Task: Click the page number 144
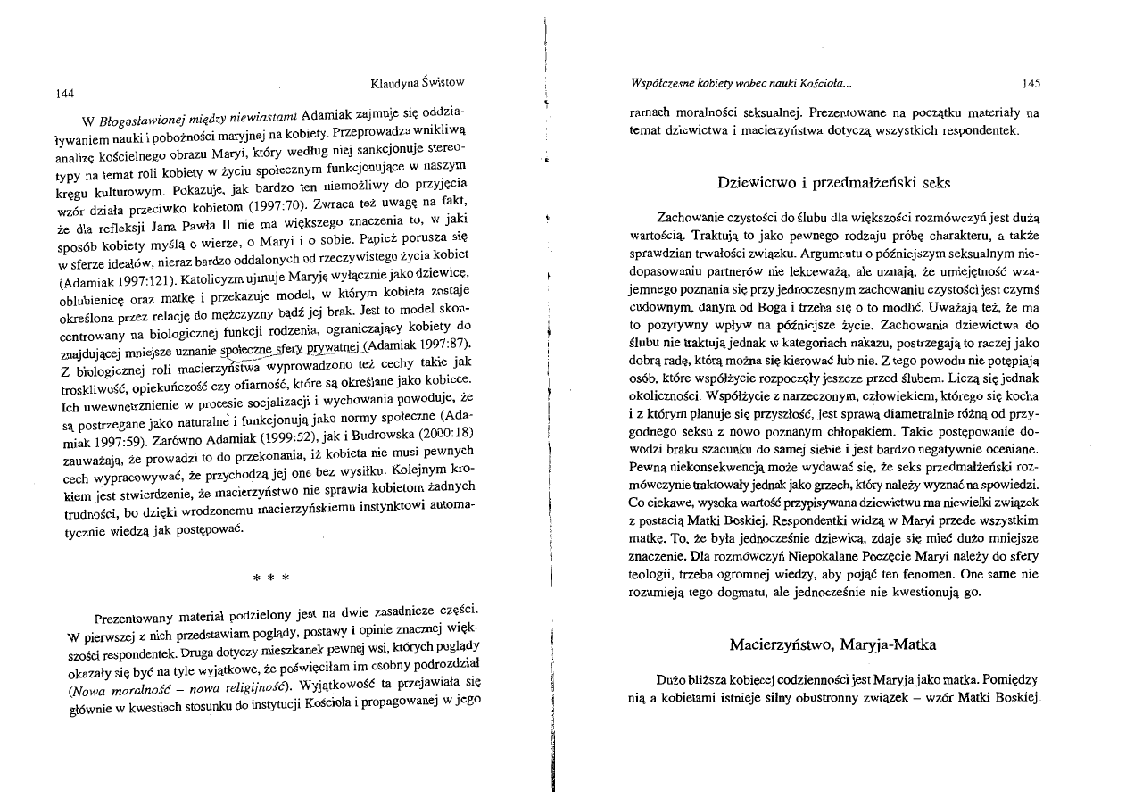pos(63,93)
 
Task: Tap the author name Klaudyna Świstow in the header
pos(417,82)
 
